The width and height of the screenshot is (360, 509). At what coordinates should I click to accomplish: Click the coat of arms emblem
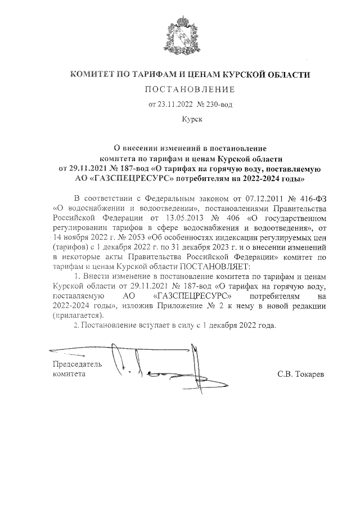point(182,36)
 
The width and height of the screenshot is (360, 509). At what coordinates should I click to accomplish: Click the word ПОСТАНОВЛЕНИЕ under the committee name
point(190,89)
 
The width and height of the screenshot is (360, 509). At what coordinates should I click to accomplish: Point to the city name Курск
point(190,119)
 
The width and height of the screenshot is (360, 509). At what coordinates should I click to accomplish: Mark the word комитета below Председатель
point(69,373)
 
